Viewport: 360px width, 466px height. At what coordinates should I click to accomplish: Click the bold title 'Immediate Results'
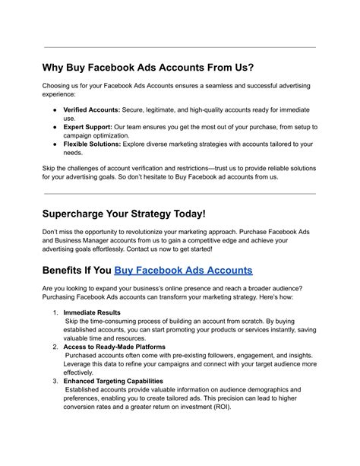click(x=92, y=312)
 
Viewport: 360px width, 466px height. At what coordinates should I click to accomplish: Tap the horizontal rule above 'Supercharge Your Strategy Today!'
click(x=180, y=192)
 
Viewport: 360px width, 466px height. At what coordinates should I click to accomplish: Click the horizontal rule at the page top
click(x=180, y=47)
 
